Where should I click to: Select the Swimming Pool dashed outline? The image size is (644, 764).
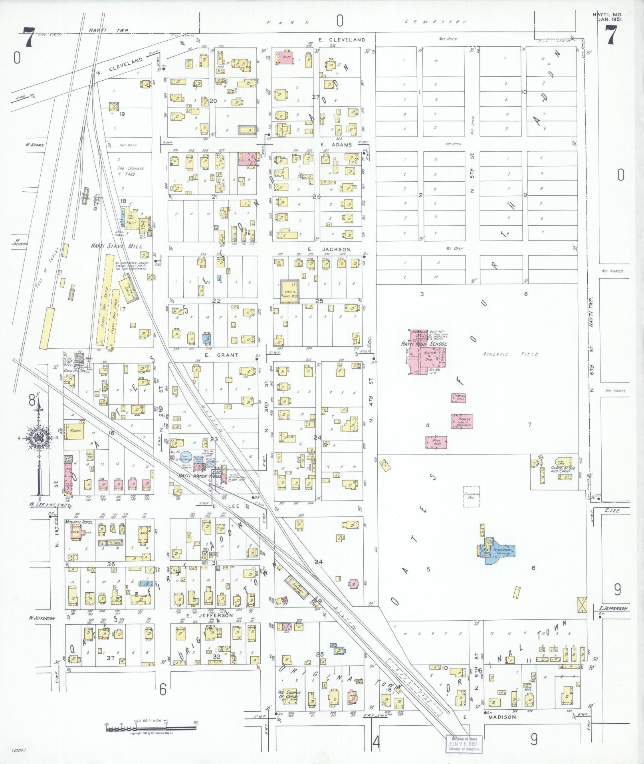(472, 496)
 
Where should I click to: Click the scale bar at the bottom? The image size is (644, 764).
(151, 729)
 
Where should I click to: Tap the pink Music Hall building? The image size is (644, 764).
(458, 398)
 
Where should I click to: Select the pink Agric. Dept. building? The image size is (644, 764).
(436, 441)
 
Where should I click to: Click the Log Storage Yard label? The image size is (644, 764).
(131, 171)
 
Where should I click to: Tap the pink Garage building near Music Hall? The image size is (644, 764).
(462, 421)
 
